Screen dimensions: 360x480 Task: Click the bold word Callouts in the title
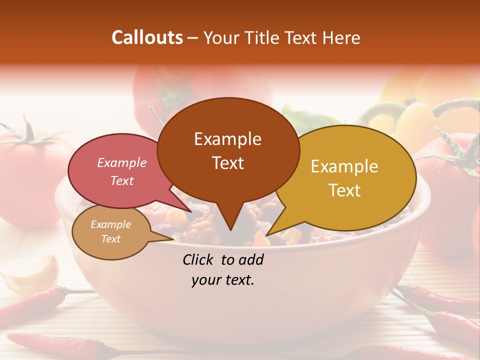(147, 37)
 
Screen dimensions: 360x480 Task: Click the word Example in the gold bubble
(344, 166)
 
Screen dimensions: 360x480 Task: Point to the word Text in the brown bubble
(228, 163)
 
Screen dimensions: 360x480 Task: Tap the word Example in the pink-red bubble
(122, 162)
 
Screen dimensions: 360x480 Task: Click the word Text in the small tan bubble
(111, 239)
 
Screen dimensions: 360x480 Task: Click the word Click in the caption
(199, 259)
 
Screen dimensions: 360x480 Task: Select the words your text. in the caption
(223, 280)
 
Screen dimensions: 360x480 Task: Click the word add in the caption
(251, 259)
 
